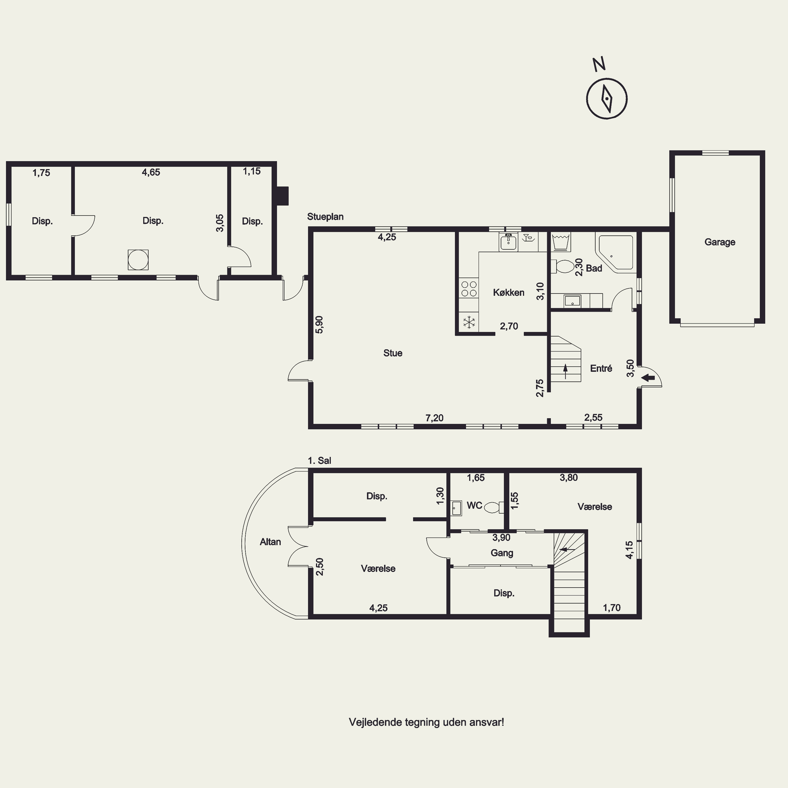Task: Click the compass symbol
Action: tap(606, 99)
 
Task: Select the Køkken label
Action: tap(508, 292)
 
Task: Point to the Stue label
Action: tap(393, 353)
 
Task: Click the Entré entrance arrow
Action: tap(648, 378)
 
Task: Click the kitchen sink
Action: tap(508, 242)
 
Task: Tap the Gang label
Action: tap(502, 553)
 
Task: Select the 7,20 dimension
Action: tap(434, 418)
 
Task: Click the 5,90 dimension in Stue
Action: tap(319, 325)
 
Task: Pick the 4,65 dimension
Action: tap(151, 172)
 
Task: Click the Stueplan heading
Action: tap(325, 217)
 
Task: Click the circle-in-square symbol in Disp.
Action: tap(138, 260)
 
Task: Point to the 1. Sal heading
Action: tap(319, 460)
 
